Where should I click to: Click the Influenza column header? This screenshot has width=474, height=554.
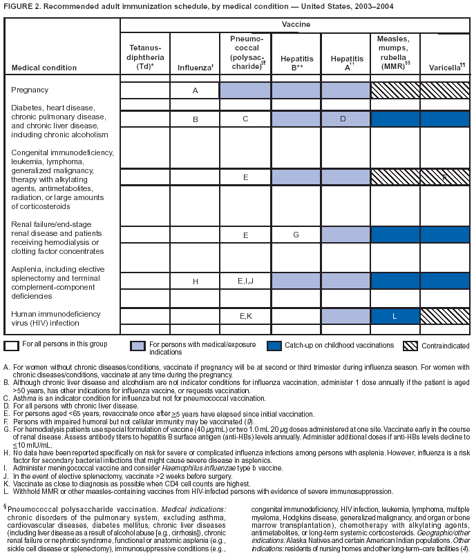coord(195,68)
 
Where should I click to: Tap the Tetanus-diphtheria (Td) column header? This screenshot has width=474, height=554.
coord(145,58)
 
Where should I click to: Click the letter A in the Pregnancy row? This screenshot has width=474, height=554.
coord(196,90)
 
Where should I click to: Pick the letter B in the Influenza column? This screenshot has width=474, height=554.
coord(196,119)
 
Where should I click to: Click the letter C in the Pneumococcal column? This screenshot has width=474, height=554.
coord(245,119)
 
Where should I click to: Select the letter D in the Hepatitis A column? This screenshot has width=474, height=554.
coord(345,119)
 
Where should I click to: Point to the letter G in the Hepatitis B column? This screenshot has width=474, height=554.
coord(296,235)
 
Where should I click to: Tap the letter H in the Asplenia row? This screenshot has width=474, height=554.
coord(196,281)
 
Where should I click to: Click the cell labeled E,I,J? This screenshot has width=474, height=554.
coord(245,281)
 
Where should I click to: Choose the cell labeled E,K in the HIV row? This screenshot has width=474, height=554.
coord(245,316)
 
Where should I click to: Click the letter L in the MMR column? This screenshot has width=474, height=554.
coord(395,316)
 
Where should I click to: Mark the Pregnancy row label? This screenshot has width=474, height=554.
coord(30,90)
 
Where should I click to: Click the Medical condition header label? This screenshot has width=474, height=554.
coord(40,68)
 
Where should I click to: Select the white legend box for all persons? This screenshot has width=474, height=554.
coord(12,344)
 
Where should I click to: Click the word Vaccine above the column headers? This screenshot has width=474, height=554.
coord(295,24)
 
